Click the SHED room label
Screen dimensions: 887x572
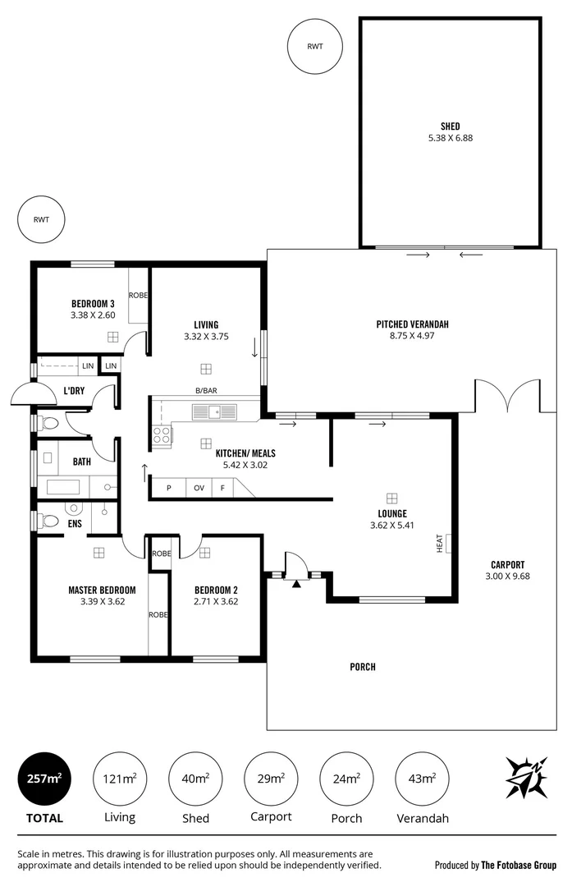point(450,126)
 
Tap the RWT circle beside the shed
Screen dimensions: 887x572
point(314,46)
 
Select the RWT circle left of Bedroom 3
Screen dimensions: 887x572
point(40,220)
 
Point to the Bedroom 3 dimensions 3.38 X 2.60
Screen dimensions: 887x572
point(93,315)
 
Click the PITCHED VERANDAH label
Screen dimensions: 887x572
point(412,324)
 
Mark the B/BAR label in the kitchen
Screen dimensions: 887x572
point(205,391)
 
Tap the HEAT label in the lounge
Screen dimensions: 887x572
point(440,543)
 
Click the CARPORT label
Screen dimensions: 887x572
point(507,564)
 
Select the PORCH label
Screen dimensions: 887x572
point(362,667)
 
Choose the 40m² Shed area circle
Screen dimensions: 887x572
point(195,779)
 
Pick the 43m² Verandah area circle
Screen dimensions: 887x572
point(423,779)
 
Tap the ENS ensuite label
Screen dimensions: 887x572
point(75,522)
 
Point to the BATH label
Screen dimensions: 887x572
point(82,462)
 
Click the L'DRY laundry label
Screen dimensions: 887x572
point(76,391)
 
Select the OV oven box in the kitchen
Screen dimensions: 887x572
point(199,488)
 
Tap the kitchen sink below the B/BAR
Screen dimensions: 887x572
point(213,411)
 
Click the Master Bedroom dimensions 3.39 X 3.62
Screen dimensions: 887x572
point(101,601)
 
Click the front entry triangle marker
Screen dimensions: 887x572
point(296,584)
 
